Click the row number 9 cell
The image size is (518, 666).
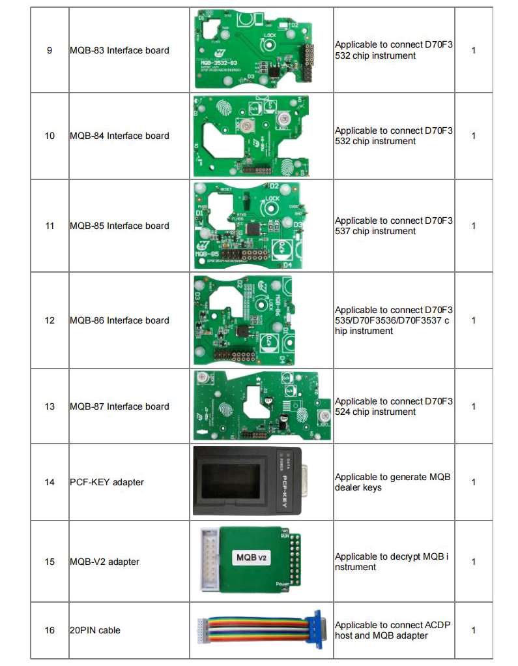pos(50,50)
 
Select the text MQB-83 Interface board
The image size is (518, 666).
pos(119,50)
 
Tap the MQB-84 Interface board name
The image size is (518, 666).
pos(119,136)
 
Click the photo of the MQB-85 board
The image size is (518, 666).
pos(251,225)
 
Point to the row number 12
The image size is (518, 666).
pos(50,320)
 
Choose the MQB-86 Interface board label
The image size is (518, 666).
pos(119,320)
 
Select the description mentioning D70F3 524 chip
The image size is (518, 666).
pos(394,406)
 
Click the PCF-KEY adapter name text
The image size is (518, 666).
pos(107,482)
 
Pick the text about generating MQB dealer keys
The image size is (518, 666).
pos(392,482)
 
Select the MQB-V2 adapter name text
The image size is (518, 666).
pos(104,561)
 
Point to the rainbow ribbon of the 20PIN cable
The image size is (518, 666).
pos(261,629)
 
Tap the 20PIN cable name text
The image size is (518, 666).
pos(95,630)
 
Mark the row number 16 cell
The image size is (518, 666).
pos(50,630)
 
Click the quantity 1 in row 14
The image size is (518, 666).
pos(473,482)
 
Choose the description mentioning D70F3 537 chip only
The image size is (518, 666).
pos(394,226)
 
